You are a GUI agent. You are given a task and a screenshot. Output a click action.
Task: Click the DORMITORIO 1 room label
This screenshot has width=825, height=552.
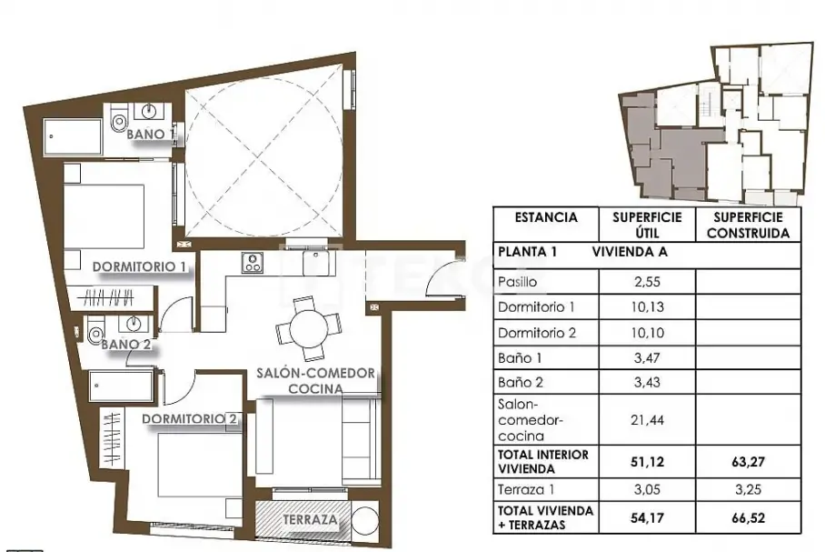139,266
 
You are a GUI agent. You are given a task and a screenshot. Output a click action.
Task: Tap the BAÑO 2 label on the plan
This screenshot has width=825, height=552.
126,345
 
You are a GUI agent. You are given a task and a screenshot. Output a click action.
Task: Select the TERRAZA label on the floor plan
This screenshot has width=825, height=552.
310,519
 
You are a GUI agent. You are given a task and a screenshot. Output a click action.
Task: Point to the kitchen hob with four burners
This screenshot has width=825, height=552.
252,263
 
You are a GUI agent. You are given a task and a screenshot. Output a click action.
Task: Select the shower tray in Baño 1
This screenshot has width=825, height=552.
73,136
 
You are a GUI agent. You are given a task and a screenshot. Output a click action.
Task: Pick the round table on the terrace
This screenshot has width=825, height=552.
364,520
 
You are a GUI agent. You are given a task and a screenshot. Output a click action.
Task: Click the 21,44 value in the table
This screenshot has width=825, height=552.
647,420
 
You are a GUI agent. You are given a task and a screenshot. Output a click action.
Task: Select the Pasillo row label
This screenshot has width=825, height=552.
517,282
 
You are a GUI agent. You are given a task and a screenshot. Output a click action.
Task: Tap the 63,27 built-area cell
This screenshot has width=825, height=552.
748,462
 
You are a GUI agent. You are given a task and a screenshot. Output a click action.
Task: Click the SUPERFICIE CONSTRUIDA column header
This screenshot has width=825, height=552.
748,226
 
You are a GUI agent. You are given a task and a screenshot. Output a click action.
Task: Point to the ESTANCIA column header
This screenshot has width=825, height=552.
546,217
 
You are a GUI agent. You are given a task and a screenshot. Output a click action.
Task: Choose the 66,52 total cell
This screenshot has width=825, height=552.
748,517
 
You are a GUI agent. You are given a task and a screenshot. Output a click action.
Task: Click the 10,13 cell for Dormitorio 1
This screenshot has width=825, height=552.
647,306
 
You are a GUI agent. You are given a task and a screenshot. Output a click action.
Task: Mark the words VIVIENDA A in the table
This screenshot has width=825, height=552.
630,252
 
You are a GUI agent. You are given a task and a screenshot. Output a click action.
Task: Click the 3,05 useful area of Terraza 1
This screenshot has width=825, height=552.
647,489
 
